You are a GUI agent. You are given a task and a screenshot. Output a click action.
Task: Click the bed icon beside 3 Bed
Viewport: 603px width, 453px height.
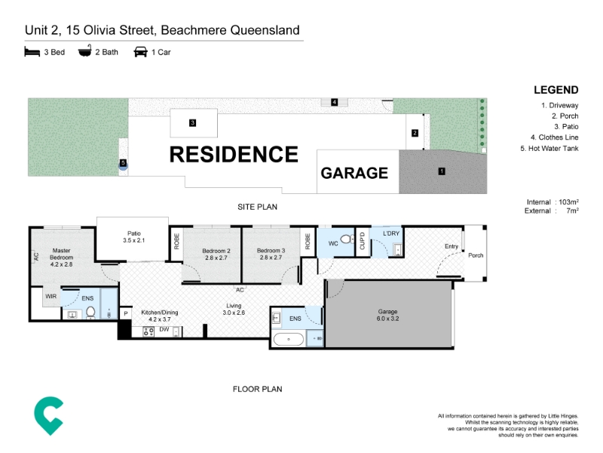(x=32, y=51)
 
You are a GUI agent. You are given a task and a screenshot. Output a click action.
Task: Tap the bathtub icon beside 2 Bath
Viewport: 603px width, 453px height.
(x=85, y=51)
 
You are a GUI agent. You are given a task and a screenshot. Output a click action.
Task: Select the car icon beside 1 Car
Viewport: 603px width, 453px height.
(x=140, y=51)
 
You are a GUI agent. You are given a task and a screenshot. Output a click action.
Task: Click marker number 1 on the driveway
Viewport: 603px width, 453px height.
(x=442, y=171)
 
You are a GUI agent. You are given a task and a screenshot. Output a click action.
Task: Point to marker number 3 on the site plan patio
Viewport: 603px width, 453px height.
(x=193, y=123)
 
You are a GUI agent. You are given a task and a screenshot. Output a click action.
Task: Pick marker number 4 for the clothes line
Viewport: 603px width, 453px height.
(x=334, y=102)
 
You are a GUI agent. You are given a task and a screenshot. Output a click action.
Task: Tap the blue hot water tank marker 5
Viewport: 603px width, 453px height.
(x=123, y=164)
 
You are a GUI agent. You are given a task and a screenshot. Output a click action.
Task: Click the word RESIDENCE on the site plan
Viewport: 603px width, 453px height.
(x=234, y=155)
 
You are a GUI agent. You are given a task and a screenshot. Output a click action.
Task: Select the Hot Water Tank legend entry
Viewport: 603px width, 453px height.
(x=549, y=148)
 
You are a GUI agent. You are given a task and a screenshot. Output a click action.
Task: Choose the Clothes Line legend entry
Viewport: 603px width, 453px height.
(x=554, y=137)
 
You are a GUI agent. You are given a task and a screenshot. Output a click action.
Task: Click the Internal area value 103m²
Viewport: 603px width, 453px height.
(x=569, y=202)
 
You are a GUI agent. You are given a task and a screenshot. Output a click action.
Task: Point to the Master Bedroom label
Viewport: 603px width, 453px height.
(x=62, y=257)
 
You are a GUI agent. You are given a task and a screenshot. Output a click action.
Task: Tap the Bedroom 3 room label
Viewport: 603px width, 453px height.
(x=271, y=254)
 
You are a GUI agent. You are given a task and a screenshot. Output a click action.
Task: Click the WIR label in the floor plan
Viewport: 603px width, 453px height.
(x=51, y=296)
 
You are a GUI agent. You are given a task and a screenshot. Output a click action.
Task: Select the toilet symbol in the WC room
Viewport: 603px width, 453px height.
(x=347, y=239)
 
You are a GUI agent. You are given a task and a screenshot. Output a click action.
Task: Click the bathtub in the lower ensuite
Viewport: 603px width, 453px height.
(x=289, y=339)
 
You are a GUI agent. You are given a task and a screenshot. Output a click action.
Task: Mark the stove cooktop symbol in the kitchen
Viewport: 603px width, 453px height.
(x=148, y=331)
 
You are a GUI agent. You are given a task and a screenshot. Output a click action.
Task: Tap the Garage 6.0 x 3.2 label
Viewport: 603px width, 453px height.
(x=387, y=315)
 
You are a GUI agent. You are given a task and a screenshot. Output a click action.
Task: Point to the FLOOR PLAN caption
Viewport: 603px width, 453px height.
(x=257, y=389)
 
